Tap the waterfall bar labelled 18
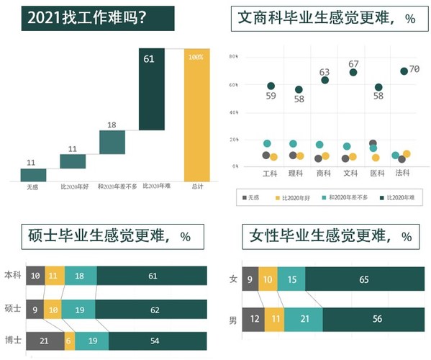point(112,142)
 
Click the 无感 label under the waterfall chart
point(33,187)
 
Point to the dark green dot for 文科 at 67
point(353,73)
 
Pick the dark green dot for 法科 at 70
point(404,71)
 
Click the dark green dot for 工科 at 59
point(271,86)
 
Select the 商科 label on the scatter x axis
point(324,173)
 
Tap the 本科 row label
point(13,275)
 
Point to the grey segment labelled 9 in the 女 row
point(249,279)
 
